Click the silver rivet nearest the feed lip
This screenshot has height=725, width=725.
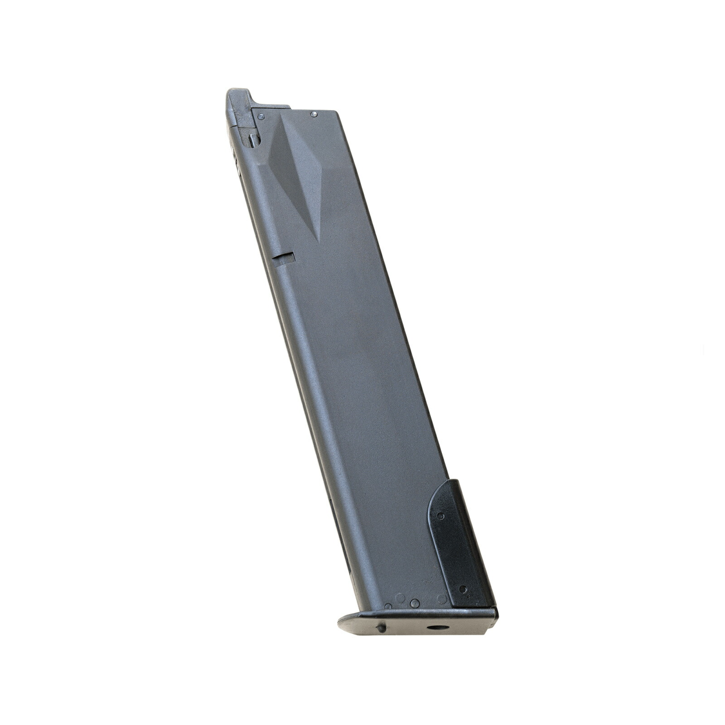(x=261, y=116)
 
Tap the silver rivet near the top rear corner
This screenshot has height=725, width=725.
(x=313, y=114)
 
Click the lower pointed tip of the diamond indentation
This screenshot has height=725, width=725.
(x=319, y=240)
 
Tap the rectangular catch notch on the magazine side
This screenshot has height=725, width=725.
(x=284, y=258)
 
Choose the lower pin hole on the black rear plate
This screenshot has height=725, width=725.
(x=462, y=589)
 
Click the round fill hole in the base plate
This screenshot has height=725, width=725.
(x=438, y=628)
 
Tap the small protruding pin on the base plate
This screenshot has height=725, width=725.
(x=382, y=628)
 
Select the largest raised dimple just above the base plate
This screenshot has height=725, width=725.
(x=414, y=603)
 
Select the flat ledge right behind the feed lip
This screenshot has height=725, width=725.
(x=270, y=107)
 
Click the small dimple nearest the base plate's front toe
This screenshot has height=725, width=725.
(x=388, y=606)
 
